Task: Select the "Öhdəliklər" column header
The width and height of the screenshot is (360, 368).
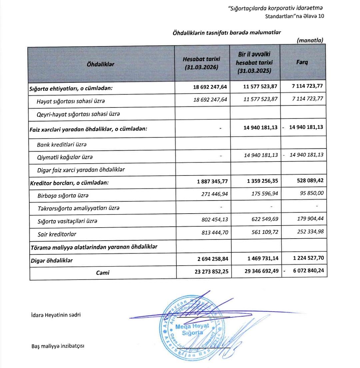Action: click(x=100, y=64)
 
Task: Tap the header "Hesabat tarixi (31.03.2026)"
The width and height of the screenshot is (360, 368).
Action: click(x=201, y=63)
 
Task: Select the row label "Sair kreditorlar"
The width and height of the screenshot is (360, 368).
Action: click(x=57, y=234)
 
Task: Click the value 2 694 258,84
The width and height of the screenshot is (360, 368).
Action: click(x=210, y=259)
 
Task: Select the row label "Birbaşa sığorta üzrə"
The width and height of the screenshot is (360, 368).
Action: click(x=63, y=196)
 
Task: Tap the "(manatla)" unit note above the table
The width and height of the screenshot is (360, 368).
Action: click(x=310, y=40)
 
